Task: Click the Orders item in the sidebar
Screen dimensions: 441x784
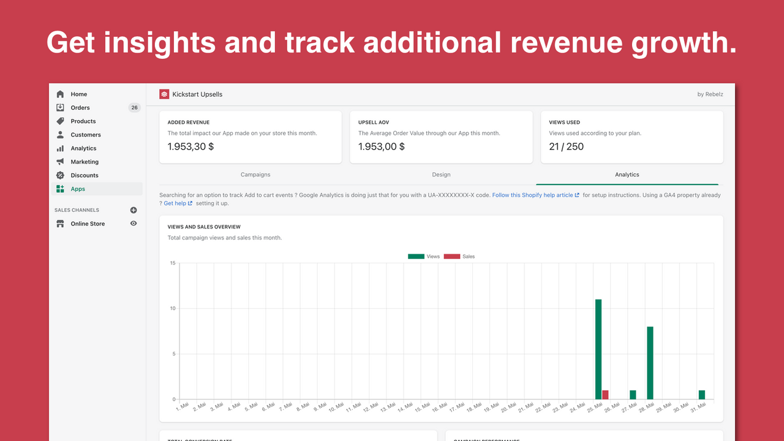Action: [80, 108]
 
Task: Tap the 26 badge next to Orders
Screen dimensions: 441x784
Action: [134, 108]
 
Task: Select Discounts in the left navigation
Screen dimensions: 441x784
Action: [85, 175]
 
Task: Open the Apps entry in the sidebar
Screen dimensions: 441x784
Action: [78, 189]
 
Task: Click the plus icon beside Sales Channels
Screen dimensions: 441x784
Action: [134, 210]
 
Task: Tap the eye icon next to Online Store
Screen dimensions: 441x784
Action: [134, 224]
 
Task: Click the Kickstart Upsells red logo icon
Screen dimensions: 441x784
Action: [164, 94]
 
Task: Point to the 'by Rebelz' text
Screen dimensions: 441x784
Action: [710, 94]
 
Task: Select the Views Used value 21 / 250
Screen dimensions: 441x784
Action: [566, 146]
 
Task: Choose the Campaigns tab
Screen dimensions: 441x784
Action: [255, 175]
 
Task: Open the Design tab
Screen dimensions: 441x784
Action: [441, 175]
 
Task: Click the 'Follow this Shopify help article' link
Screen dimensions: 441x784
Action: [532, 195]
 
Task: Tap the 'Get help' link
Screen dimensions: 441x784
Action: [175, 203]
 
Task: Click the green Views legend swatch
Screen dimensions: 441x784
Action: [416, 257]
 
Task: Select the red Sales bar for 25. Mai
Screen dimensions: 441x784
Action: [605, 395]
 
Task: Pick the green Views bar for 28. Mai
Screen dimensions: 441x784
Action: [650, 363]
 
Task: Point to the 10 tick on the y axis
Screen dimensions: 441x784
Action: [173, 309]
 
